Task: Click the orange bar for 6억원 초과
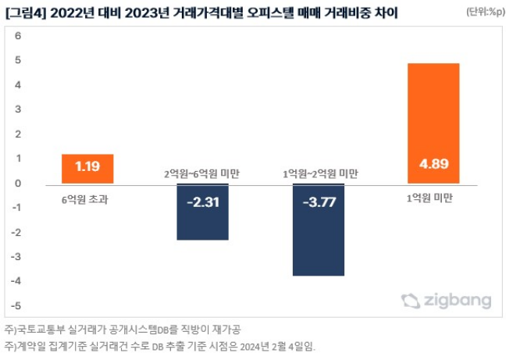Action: click(87, 169)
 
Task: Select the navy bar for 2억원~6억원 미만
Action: click(202, 211)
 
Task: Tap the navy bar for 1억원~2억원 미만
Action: click(318, 230)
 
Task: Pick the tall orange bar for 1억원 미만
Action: click(433, 123)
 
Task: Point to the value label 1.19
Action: click(87, 166)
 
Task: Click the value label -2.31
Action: click(202, 203)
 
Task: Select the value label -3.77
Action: click(318, 203)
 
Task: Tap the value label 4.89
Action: click(433, 166)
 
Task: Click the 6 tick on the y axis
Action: click(18, 37)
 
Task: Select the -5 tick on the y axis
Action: click(16, 305)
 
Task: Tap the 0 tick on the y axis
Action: click(18, 184)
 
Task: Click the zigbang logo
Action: click(447, 301)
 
